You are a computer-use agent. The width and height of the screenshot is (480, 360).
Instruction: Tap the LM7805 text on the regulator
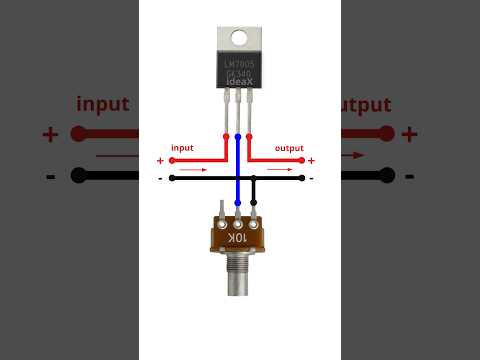pyautogui.click(x=238, y=63)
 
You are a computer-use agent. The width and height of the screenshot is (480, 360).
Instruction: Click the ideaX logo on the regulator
pyautogui.click(x=238, y=80)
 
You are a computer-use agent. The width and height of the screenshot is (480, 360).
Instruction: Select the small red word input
pyautogui.click(x=182, y=148)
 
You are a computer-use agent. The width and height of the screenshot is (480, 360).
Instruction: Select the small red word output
pyautogui.click(x=289, y=148)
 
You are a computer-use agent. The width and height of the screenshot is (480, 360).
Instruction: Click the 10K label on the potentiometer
pyautogui.click(x=238, y=240)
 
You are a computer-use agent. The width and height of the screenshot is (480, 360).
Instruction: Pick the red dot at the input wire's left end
pyautogui.click(x=171, y=159)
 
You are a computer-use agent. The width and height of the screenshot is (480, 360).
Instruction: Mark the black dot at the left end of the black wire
pyautogui.click(x=172, y=178)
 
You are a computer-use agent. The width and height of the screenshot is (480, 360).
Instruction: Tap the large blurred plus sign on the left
pyautogui.click(x=50, y=134)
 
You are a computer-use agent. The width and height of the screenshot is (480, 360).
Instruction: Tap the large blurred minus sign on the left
pyautogui.click(x=50, y=176)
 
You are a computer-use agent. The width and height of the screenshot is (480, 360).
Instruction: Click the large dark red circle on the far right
pyautogui.click(x=386, y=133)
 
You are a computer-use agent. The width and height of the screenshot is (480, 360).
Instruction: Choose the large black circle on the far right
pyautogui.click(x=386, y=175)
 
